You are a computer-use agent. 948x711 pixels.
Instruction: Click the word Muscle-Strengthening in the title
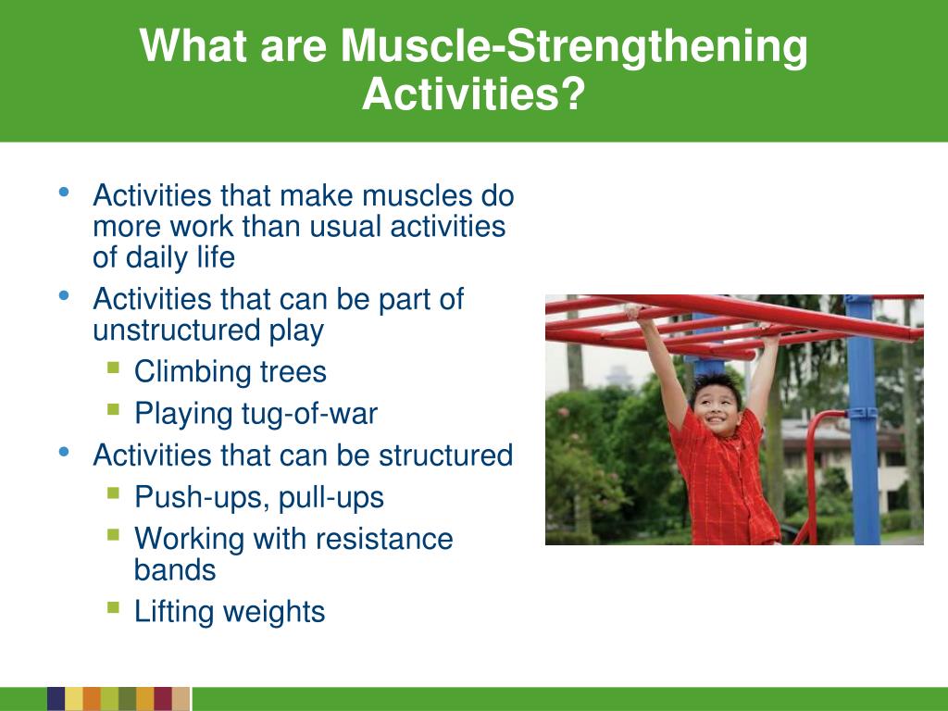pyautogui.click(x=574, y=46)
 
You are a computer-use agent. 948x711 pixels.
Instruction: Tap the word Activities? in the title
pyautogui.click(x=474, y=94)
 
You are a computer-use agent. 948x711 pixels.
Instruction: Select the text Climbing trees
pyautogui.click(x=231, y=371)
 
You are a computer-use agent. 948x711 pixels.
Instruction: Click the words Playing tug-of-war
pyautogui.click(x=256, y=414)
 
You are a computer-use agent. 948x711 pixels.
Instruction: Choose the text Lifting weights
pyautogui.click(x=230, y=611)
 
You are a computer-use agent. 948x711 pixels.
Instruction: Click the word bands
pyautogui.click(x=175, y=570)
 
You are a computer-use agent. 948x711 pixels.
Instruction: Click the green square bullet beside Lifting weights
pyautogui.click(x=113, y=606)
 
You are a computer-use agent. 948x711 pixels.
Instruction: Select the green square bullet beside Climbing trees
pyautogui.click(x=113, y=367)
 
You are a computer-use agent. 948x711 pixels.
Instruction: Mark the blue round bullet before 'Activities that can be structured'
pyautogui.click(x=64, y=452)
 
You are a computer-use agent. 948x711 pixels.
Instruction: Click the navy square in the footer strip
pyautogui.click(x=56, y=698)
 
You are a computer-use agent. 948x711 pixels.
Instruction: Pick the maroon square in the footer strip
pyautogui.click(x=163, y=698)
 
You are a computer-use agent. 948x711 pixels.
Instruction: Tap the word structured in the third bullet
pyautogui.click(x=445, y=455)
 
